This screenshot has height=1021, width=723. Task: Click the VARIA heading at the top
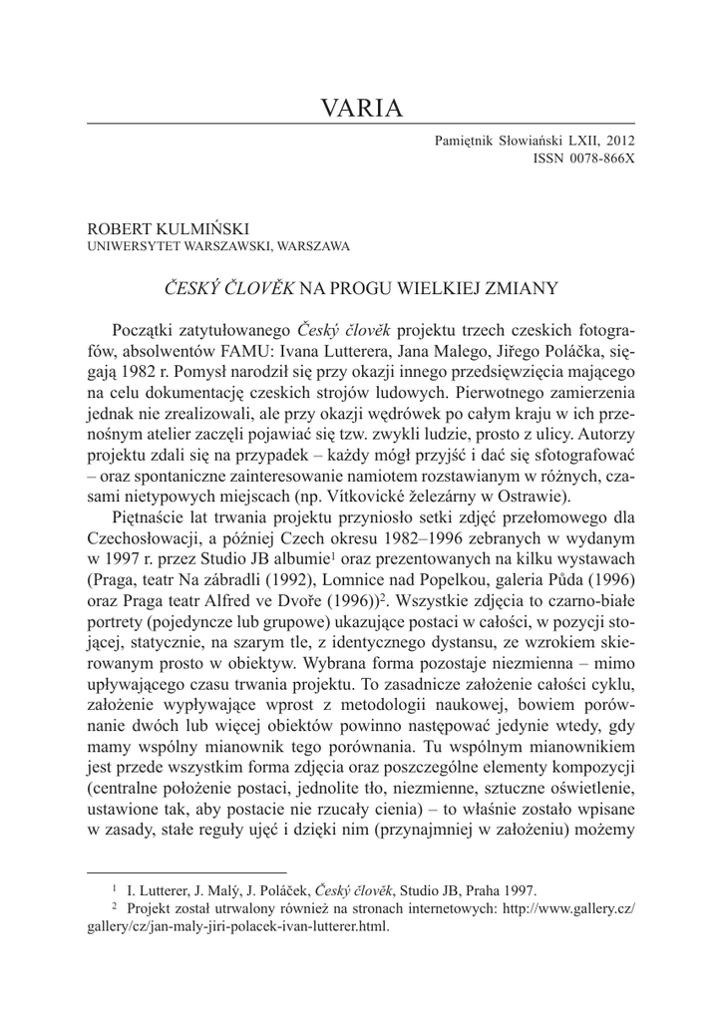click(x=361, y=108)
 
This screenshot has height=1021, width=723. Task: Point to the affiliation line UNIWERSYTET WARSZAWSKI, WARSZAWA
click(x=218, y=245)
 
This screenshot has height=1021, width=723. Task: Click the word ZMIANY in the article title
click(x=518, y=288)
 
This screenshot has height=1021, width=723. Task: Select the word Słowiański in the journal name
click(x=527, y=142)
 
